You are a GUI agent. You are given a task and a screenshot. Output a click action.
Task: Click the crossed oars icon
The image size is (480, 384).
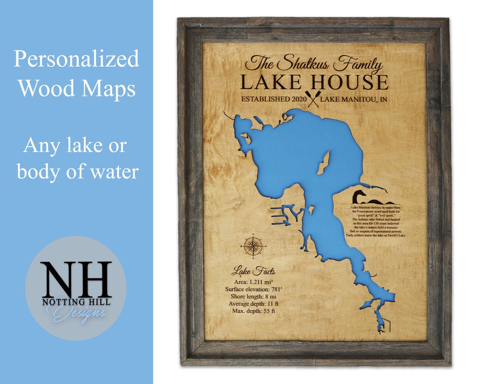click(x=313, y=100)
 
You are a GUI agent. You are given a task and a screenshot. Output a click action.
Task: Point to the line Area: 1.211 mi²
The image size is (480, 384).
click(x=253, y=282)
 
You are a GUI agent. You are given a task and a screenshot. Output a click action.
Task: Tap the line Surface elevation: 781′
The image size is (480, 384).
click(x=253, y=289)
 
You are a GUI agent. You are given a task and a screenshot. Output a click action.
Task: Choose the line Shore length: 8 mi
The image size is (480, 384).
click(x=253, y=296)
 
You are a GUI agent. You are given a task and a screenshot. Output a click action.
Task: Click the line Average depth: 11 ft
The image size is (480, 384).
click(x=253, y=304)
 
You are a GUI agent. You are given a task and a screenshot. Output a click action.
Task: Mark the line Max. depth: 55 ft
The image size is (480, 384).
click(x=253, y=311)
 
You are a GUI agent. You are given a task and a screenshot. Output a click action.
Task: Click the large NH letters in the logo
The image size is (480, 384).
click(x=76, y=280)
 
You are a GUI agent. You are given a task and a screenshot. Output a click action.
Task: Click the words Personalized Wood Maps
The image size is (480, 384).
click(x=76, y=73)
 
